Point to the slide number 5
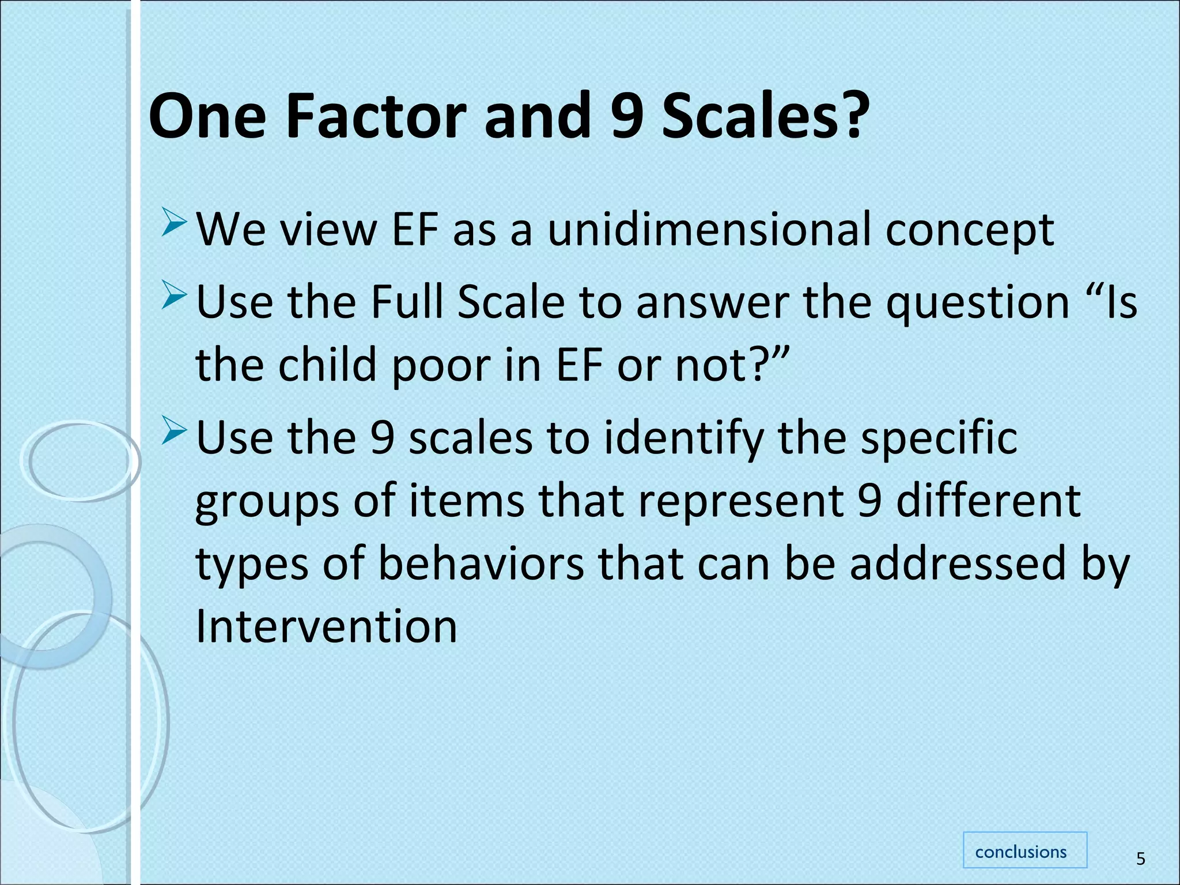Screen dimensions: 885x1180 coord(1140,859)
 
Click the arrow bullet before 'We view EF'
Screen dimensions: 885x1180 coord(174,224)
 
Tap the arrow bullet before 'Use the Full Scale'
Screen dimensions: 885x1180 coord(174,295)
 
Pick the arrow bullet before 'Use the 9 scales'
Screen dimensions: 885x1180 coord(174,431)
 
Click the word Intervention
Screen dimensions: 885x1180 coord(326,626)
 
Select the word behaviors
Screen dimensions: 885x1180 coord(481,563)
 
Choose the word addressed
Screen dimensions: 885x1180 coord(958,563)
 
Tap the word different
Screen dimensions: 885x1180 coord(988,500)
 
